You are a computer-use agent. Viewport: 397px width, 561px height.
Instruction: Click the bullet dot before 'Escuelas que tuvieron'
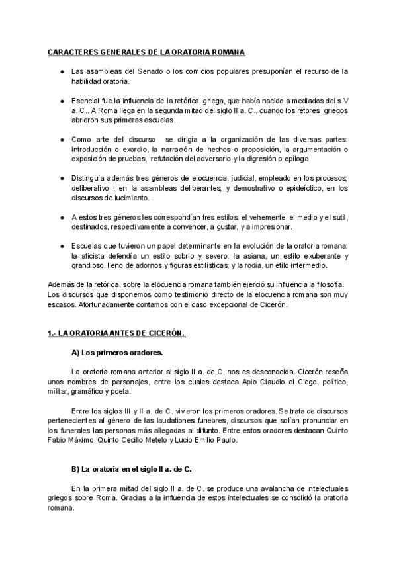tap(62, 246)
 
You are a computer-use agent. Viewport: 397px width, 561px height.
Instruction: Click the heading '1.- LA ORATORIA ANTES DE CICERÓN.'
tap(116, 333)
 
